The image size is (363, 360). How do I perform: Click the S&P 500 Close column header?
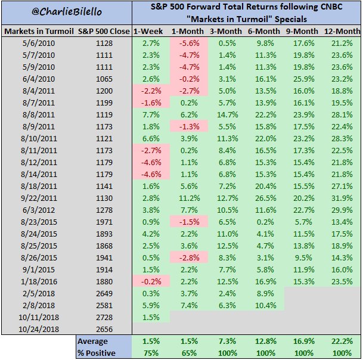coord(104,30)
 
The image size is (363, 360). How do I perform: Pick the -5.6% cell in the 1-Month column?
coord(188,43)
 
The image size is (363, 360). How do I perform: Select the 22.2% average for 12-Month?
coord(340,342)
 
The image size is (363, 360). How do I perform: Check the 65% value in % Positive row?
coord(188,353)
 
